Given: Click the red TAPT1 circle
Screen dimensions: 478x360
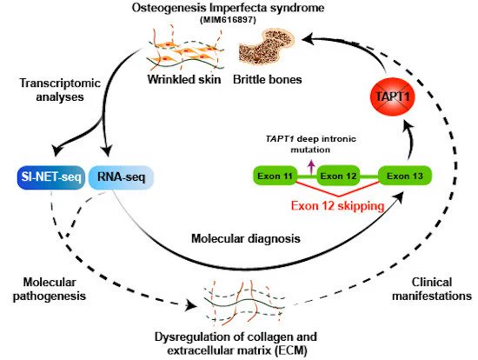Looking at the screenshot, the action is point(393,97).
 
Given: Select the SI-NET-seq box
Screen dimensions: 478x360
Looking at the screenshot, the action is point(51,177).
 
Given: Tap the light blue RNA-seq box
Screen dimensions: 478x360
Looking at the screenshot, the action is point(121,177).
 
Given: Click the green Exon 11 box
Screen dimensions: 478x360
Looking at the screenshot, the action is point(275,176).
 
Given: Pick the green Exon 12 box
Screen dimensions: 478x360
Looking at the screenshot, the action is point(338,176).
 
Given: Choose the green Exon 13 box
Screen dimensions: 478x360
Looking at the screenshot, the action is point(405,176).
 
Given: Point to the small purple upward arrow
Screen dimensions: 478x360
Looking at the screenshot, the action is point(311,167).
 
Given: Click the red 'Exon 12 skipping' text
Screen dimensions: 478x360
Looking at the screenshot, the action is point(337,206).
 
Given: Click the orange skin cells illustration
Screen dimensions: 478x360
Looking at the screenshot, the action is point(185,49).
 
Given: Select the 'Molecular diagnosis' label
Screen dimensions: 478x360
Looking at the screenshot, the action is point(246,238).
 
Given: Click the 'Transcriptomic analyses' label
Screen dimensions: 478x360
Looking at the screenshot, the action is point(60,90).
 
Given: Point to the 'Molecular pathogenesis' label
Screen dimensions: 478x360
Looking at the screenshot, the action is point(49,289).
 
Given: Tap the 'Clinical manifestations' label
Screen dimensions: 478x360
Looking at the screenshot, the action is point(432,289).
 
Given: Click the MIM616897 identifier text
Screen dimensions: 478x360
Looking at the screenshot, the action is point(228,20).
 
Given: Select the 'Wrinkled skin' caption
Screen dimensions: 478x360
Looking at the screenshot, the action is point(184,80).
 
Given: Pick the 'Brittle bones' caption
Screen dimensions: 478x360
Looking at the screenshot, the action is point(268,80).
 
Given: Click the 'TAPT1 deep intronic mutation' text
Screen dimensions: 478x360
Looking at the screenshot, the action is point(310,144).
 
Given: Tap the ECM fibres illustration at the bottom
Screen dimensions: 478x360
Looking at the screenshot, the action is point(244,302).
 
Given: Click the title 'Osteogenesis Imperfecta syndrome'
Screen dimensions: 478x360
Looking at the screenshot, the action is point(228,7).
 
